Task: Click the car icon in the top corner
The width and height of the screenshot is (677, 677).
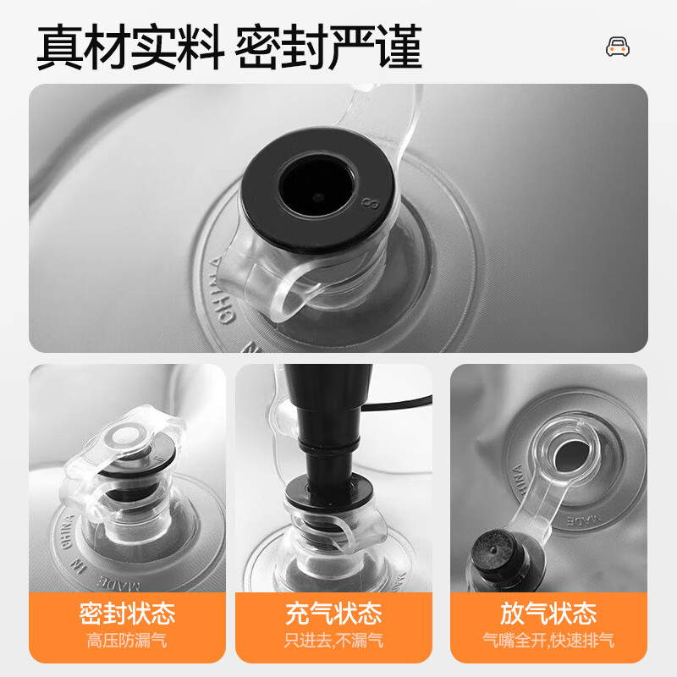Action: click(x=618, y=47)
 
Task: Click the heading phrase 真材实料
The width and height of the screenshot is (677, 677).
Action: click(x=130, y=47)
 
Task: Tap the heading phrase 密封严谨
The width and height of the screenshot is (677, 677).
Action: click(x=328, y=47)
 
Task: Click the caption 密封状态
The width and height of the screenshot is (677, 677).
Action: click(x=128, y=613)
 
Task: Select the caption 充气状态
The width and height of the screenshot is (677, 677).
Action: click(x=333, y=613)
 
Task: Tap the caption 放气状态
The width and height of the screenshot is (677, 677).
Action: click(x=548, y=613)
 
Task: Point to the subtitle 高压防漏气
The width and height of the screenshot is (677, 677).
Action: click(x=127, y=641)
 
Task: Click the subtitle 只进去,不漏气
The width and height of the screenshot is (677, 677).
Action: click(x=333, y=641)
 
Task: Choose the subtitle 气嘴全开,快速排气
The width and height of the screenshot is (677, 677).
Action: click(x=548, y=641)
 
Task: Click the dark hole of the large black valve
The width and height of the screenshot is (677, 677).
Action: click(x=317, y=186)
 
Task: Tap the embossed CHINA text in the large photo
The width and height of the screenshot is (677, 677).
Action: click(x=223, y=290)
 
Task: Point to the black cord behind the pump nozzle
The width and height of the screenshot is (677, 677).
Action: click(x=397, y=404)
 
